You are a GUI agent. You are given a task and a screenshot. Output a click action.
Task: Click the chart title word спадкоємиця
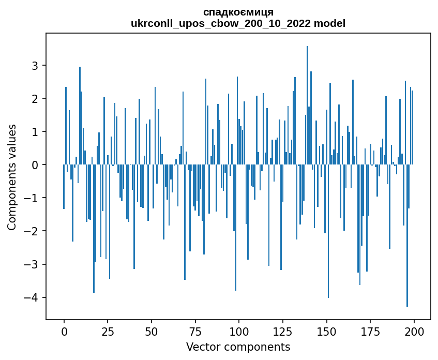(238, 12)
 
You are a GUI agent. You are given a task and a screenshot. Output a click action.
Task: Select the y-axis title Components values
(12, 177)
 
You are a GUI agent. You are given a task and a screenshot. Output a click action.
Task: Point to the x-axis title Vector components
(238, 347)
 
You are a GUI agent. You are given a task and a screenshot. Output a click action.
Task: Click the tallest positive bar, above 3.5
(307, 103)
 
